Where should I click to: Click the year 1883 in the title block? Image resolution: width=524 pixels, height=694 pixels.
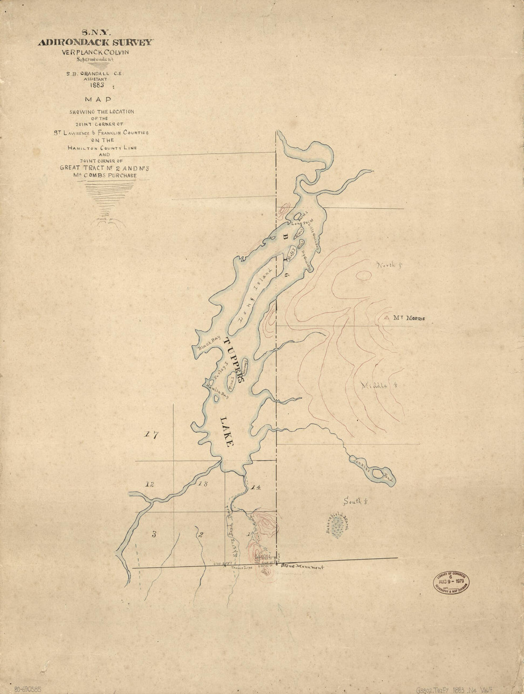click(x=97, y=86)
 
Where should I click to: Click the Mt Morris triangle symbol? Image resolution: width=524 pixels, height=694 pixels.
click(x=387, y=317)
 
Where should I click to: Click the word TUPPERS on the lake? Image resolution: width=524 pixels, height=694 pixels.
click(x=234, y=360)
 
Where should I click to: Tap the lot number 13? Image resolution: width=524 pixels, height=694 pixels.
click(x=203, y=484)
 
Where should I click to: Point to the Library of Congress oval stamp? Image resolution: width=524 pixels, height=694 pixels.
click(x=451, y=582)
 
